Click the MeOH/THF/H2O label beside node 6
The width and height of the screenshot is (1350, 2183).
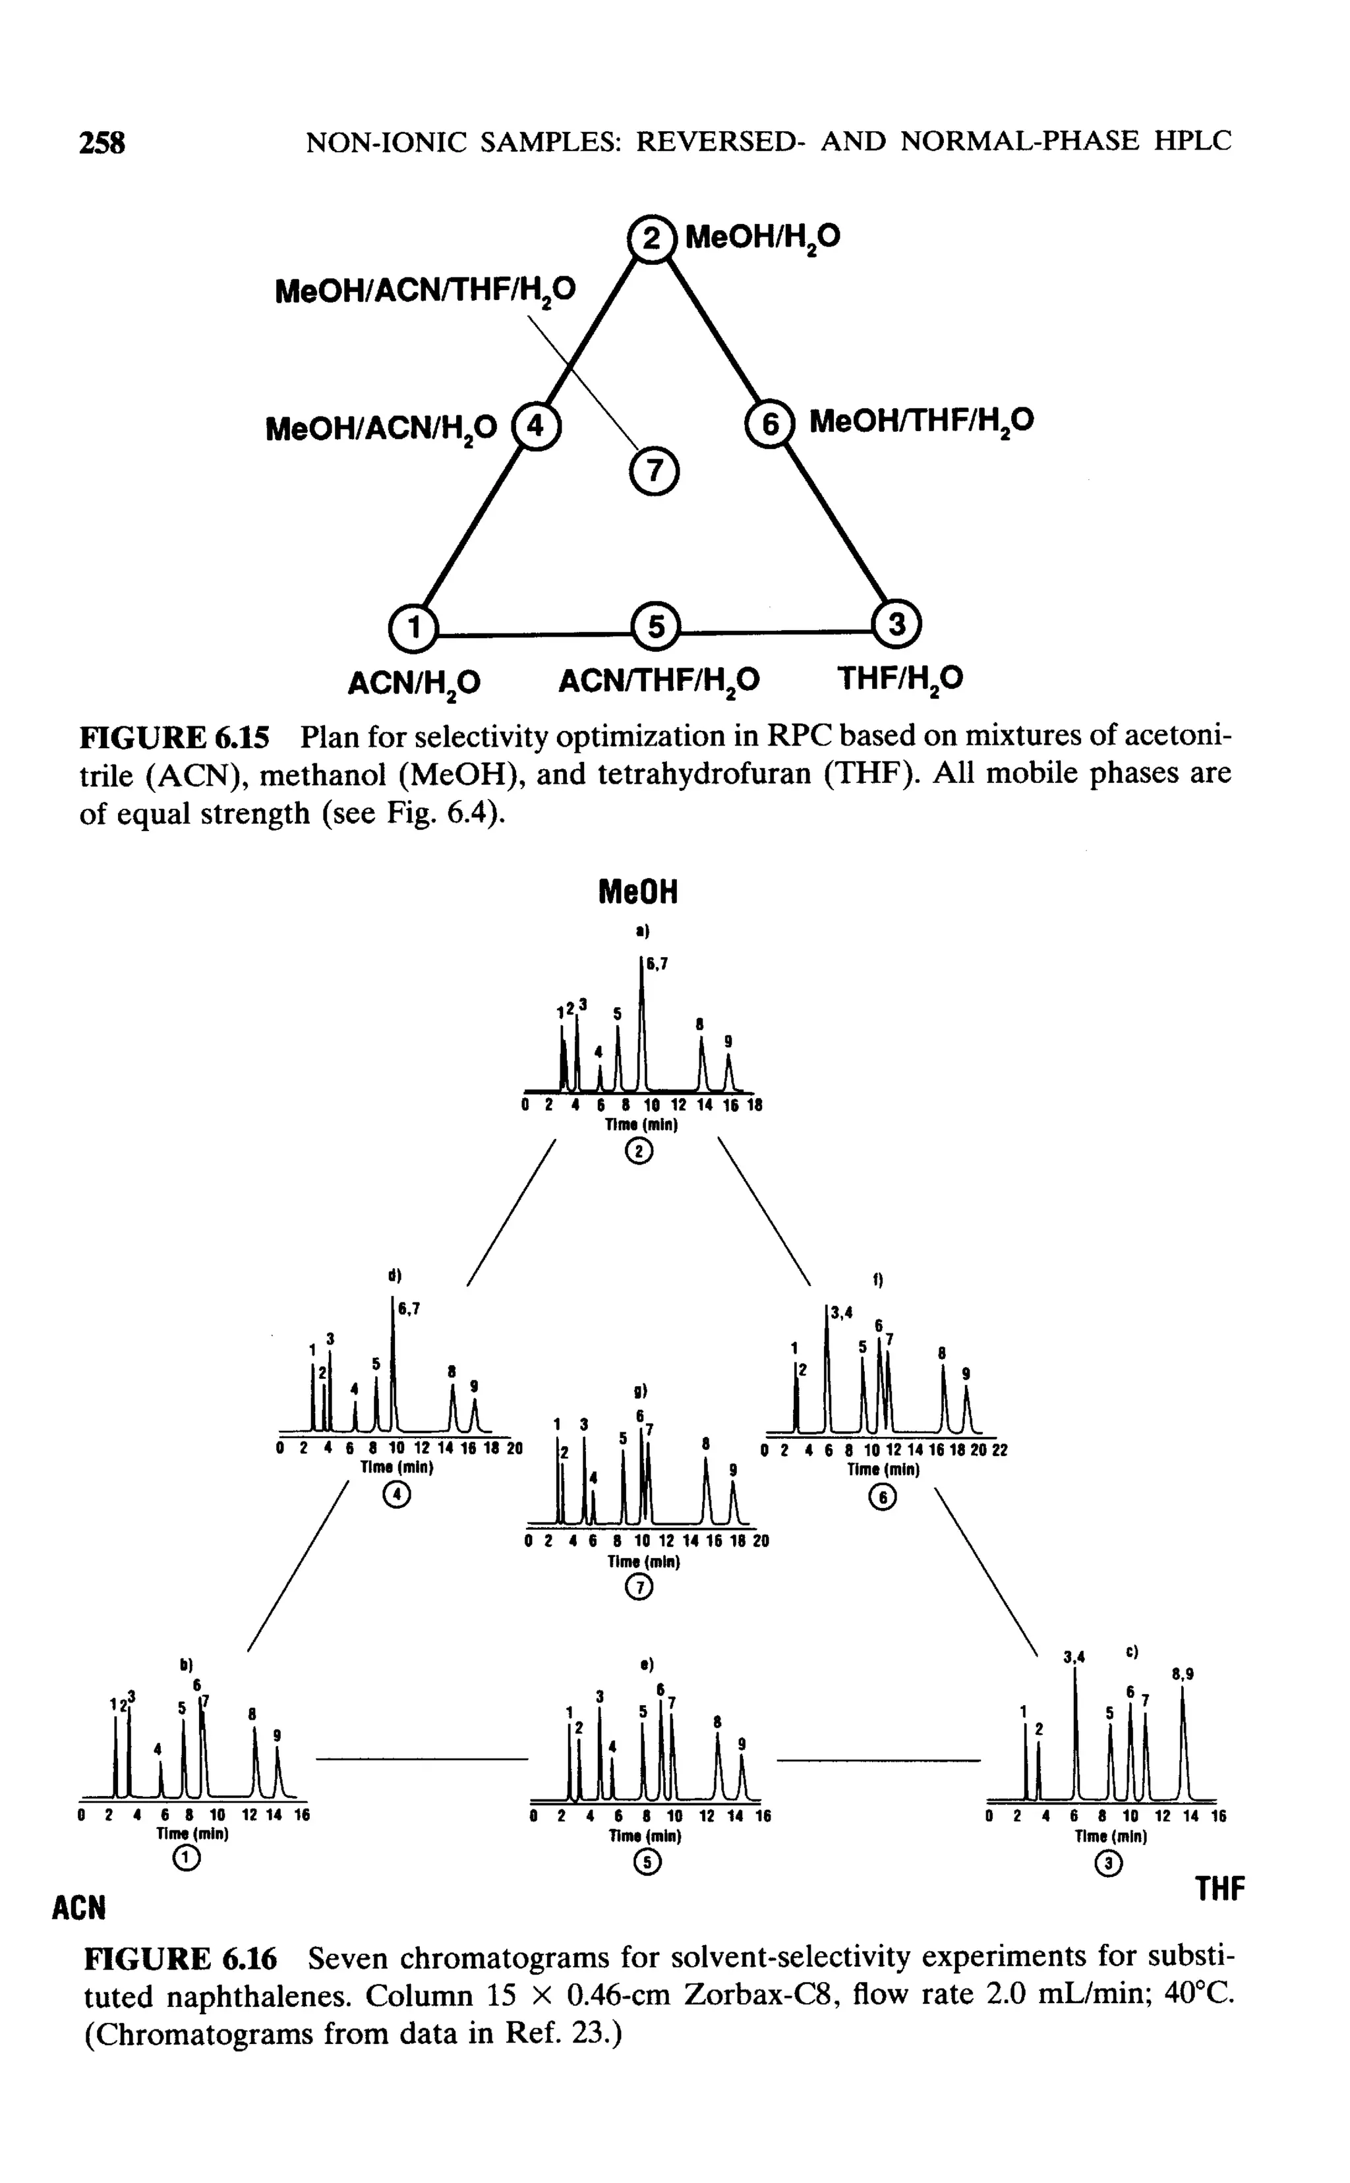(x=920, y=421)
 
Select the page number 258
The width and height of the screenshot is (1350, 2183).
(x=103, y=142)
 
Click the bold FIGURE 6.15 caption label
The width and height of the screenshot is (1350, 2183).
(x=174, y=738)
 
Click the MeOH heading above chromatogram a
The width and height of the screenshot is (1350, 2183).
(x=637, y=892)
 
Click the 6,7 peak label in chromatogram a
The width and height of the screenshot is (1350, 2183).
(x=657, y=964)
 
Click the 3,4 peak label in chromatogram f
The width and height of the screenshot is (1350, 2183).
(x=841, y=1312)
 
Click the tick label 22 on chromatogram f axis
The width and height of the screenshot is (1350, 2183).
(x=999, y=1451)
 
